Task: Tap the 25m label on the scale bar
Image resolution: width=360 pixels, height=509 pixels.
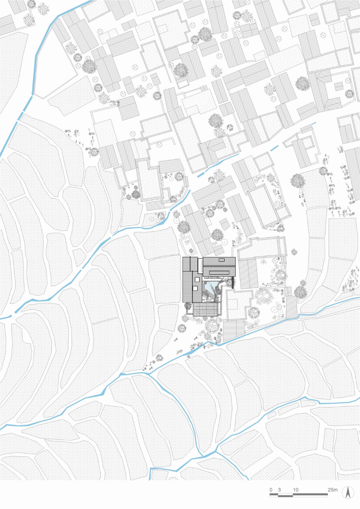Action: click(333, 490)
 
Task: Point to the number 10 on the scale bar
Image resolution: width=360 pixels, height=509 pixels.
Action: click(296, 490)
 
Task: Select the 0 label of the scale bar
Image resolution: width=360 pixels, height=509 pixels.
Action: click(271, 490)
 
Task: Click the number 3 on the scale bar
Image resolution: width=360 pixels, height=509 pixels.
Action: click(279, 490)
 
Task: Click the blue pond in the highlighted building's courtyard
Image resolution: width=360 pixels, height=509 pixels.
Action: click(209, 290)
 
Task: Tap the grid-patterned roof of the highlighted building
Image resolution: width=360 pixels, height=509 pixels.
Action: click(205, 309)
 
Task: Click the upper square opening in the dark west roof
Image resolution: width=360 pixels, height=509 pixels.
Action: click(197, 279)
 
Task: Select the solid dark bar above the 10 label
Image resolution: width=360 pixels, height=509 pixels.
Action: click(310, 495)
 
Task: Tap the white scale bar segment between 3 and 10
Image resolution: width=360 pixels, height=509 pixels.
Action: click(286, 495)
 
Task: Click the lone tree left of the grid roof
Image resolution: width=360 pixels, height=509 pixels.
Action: click(182, 328)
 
